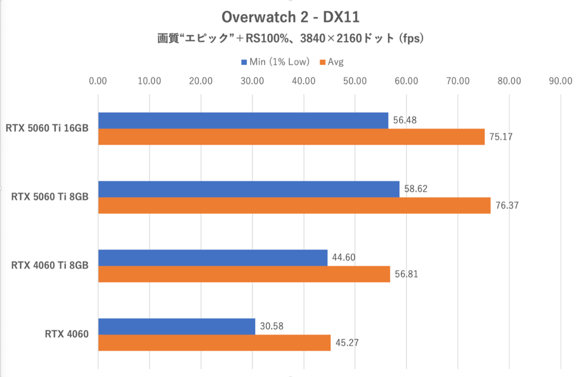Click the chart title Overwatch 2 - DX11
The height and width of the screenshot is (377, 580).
(x=290, y=17)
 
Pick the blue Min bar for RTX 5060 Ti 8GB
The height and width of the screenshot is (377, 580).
(x=248, y=189)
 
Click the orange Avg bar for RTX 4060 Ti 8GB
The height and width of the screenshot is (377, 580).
(x=244, y=274)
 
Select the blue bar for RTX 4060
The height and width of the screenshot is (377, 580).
(x=176, y=327)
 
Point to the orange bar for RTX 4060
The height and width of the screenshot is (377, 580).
(x=214, y=343)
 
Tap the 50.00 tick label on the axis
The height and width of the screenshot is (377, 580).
(x=355, y=81)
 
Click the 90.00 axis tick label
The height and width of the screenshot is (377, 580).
(x=560, y=81)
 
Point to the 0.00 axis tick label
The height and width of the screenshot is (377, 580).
(x=98, y=81)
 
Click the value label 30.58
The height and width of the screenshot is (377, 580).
(x=271, y=327)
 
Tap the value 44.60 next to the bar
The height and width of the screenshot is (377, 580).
(x=344, y=258)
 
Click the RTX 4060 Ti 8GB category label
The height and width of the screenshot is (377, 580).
(x=50, y=265)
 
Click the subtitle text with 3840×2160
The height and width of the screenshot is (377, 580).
(x=290, y=38)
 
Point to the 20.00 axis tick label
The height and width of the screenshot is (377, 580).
(x=201, y=81)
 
